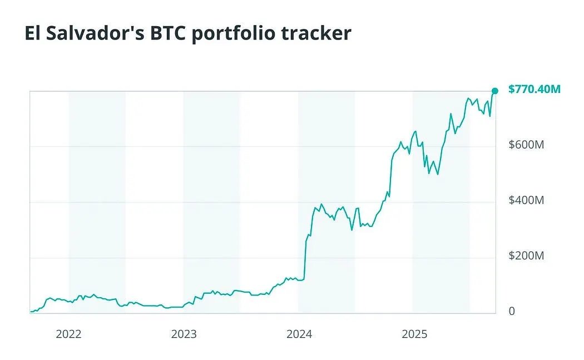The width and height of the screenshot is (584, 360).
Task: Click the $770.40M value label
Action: pyautogui.click(x=534, y=89)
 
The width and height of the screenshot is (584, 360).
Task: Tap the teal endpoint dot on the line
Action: pyautogui.click(x=494, y=91)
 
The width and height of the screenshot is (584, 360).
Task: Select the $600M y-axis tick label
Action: pyautogui.click(x=526, y=145)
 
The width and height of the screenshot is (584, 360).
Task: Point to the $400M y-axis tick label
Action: pyautogui.click(x=526, y=200)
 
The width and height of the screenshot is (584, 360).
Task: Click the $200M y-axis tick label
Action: pyautogui.click(x=526, y=256)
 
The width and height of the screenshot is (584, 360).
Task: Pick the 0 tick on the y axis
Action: pyautogui.click(x=512, y=311)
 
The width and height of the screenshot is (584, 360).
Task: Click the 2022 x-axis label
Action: pyautogui.click(x=69, y=334)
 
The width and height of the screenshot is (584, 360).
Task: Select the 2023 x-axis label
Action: pyautogui.click(x=184, y=334)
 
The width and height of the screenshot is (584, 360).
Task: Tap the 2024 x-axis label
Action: pyautogui.click(x=299, y=334)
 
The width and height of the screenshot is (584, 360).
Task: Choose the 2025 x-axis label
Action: pyautogui.click(x=414, y=334)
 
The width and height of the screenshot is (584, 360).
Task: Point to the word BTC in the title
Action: pyautogui.click(x=167, y=33)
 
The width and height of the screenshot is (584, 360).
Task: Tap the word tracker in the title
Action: pyautogui.click(x=323, y=33)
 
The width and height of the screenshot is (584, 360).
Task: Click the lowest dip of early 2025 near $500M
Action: pyautogui.click(x=438, y=174)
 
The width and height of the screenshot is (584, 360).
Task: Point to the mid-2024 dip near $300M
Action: pyautogui.click(x=352, y=229)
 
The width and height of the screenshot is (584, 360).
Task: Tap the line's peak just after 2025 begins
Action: pyautogui.click(x=415, y=131)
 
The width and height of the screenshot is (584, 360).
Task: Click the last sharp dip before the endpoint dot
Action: pyautogui.click(x=490, y=116)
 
